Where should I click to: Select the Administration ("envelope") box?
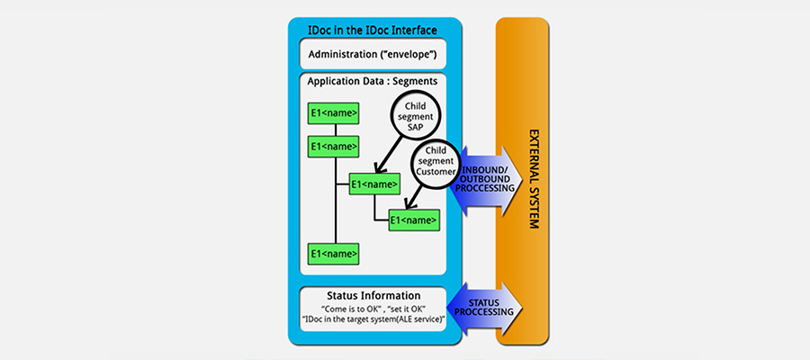(373, 55)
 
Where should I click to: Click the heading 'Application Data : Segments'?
(373, 81)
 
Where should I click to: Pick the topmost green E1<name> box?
(334, 112)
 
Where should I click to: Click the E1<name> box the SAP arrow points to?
(374, 184)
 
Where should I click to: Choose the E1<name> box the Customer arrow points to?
(414, 219)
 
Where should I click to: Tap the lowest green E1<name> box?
(334, 253)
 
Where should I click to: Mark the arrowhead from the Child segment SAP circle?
(375, 167)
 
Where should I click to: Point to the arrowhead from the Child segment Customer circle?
(411, 206)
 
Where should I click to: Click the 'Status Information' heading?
(373, 294)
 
